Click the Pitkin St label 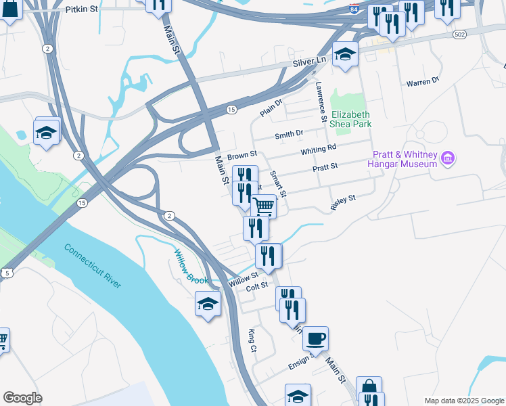coord(83,10)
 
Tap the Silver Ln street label coord(309,62)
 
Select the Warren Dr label coord(423,82)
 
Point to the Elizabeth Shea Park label coord(350,120)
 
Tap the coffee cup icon coord(315,338)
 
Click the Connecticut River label coord(93,266)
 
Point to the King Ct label coord(252,340)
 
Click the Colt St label coord(257,287)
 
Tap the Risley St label coord(343,202)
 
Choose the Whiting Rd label coord(319,148)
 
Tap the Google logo coord(22,398)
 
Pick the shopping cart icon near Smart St coord(263,206)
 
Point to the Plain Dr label coord(271,107)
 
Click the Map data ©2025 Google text coord(463,401)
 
